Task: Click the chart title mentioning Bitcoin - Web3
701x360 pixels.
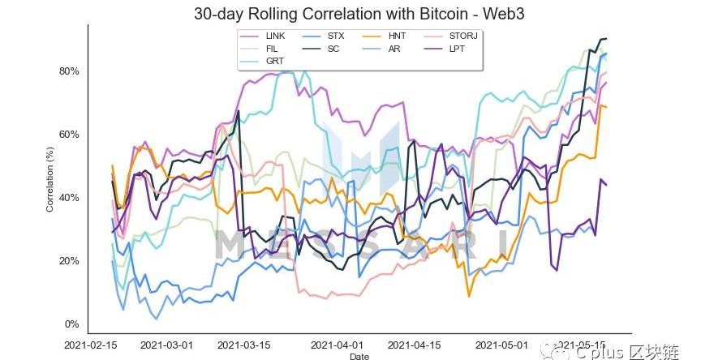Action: (349, 14)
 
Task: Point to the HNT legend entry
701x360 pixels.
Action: (397, 36)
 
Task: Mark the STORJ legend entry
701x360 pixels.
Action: (460, 36)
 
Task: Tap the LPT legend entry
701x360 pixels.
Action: (457, 49)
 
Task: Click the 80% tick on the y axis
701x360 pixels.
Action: (68, 71)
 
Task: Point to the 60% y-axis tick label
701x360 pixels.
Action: (68, 135)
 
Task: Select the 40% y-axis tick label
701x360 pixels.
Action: (68, 198)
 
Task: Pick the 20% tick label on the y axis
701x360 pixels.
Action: (68, 261)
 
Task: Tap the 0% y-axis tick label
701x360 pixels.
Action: (71, 324)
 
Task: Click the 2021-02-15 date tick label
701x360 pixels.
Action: (92, 345)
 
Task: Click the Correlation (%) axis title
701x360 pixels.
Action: (49, 181)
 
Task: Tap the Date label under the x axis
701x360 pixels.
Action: (358, 356)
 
